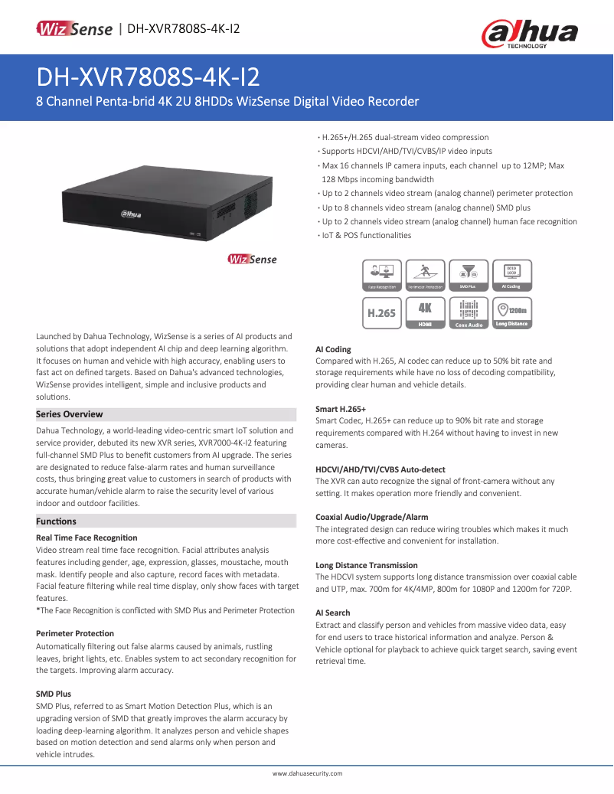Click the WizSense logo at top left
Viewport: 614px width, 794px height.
point(74,29)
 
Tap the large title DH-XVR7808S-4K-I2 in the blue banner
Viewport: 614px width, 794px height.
point(148,77)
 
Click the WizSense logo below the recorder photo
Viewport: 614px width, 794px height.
point(252,260)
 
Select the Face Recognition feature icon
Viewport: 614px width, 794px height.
point(381,275)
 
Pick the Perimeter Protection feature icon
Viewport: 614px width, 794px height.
point(424,275)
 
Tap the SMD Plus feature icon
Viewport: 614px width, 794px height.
point(468,275)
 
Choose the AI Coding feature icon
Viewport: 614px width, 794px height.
point(511,275)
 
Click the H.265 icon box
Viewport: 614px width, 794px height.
point(381,313)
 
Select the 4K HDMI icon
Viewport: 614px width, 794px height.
point(424,313)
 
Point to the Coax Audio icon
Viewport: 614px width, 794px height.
point(468,313)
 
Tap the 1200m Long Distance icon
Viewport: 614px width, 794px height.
point(511,313)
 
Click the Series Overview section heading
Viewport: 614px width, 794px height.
point(70,414)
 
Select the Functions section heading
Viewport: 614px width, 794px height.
point(57,521)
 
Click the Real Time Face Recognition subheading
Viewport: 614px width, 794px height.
point(87,538)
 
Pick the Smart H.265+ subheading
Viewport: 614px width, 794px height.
point(341,409)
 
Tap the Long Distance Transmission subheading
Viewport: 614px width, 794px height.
point(367,565)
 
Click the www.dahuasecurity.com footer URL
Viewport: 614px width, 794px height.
point(307,774)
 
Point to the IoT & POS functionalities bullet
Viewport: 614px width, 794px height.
point(366,235)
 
